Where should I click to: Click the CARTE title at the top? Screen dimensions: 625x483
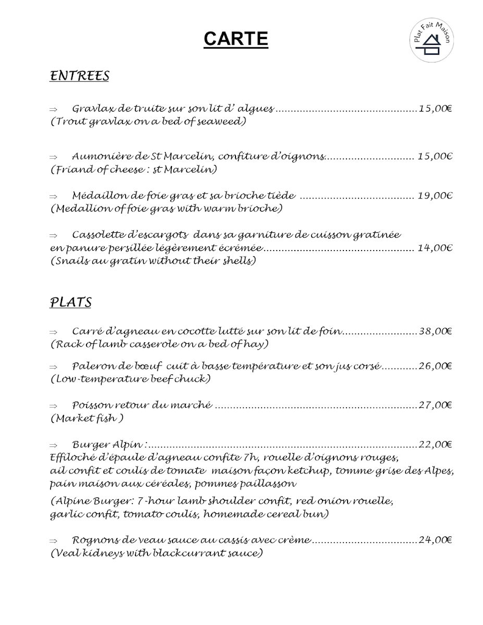pyautogui.click(x=236, y=39)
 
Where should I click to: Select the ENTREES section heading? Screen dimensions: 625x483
pyautogui.click(x=79, y=76)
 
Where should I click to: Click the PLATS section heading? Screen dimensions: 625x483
pyautogui.click(x=70, y=303)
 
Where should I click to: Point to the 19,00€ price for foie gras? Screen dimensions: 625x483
pyautogui.click(x=435, y=196)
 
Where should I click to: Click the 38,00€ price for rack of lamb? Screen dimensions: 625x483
pyautogui.click(x=435, y=331)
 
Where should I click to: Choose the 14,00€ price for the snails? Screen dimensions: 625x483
pyautogui.click(x=435, y=248)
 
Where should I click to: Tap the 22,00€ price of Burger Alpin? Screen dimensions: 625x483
pyautogui.click(x=435, y=445)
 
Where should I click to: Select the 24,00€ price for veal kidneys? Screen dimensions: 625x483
pyautogui.click(x=435, y=540)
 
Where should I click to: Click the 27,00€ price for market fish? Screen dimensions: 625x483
pyautogui.click(x=435, y=405)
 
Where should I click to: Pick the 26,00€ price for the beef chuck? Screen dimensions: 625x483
pyautogui.click(x=435, y=366)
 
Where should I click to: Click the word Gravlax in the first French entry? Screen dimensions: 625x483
pyautogui.click(x=90, y=109)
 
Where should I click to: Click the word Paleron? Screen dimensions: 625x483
pyautogui.click(x=91, y=366)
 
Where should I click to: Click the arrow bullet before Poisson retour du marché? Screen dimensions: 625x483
pyautogui.click(x=53, y=406)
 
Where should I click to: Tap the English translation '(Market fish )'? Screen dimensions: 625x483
pyautogui.click(x=87, y=418)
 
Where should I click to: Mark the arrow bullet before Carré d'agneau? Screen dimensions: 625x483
pyautogui.click(x=53, y=332)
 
